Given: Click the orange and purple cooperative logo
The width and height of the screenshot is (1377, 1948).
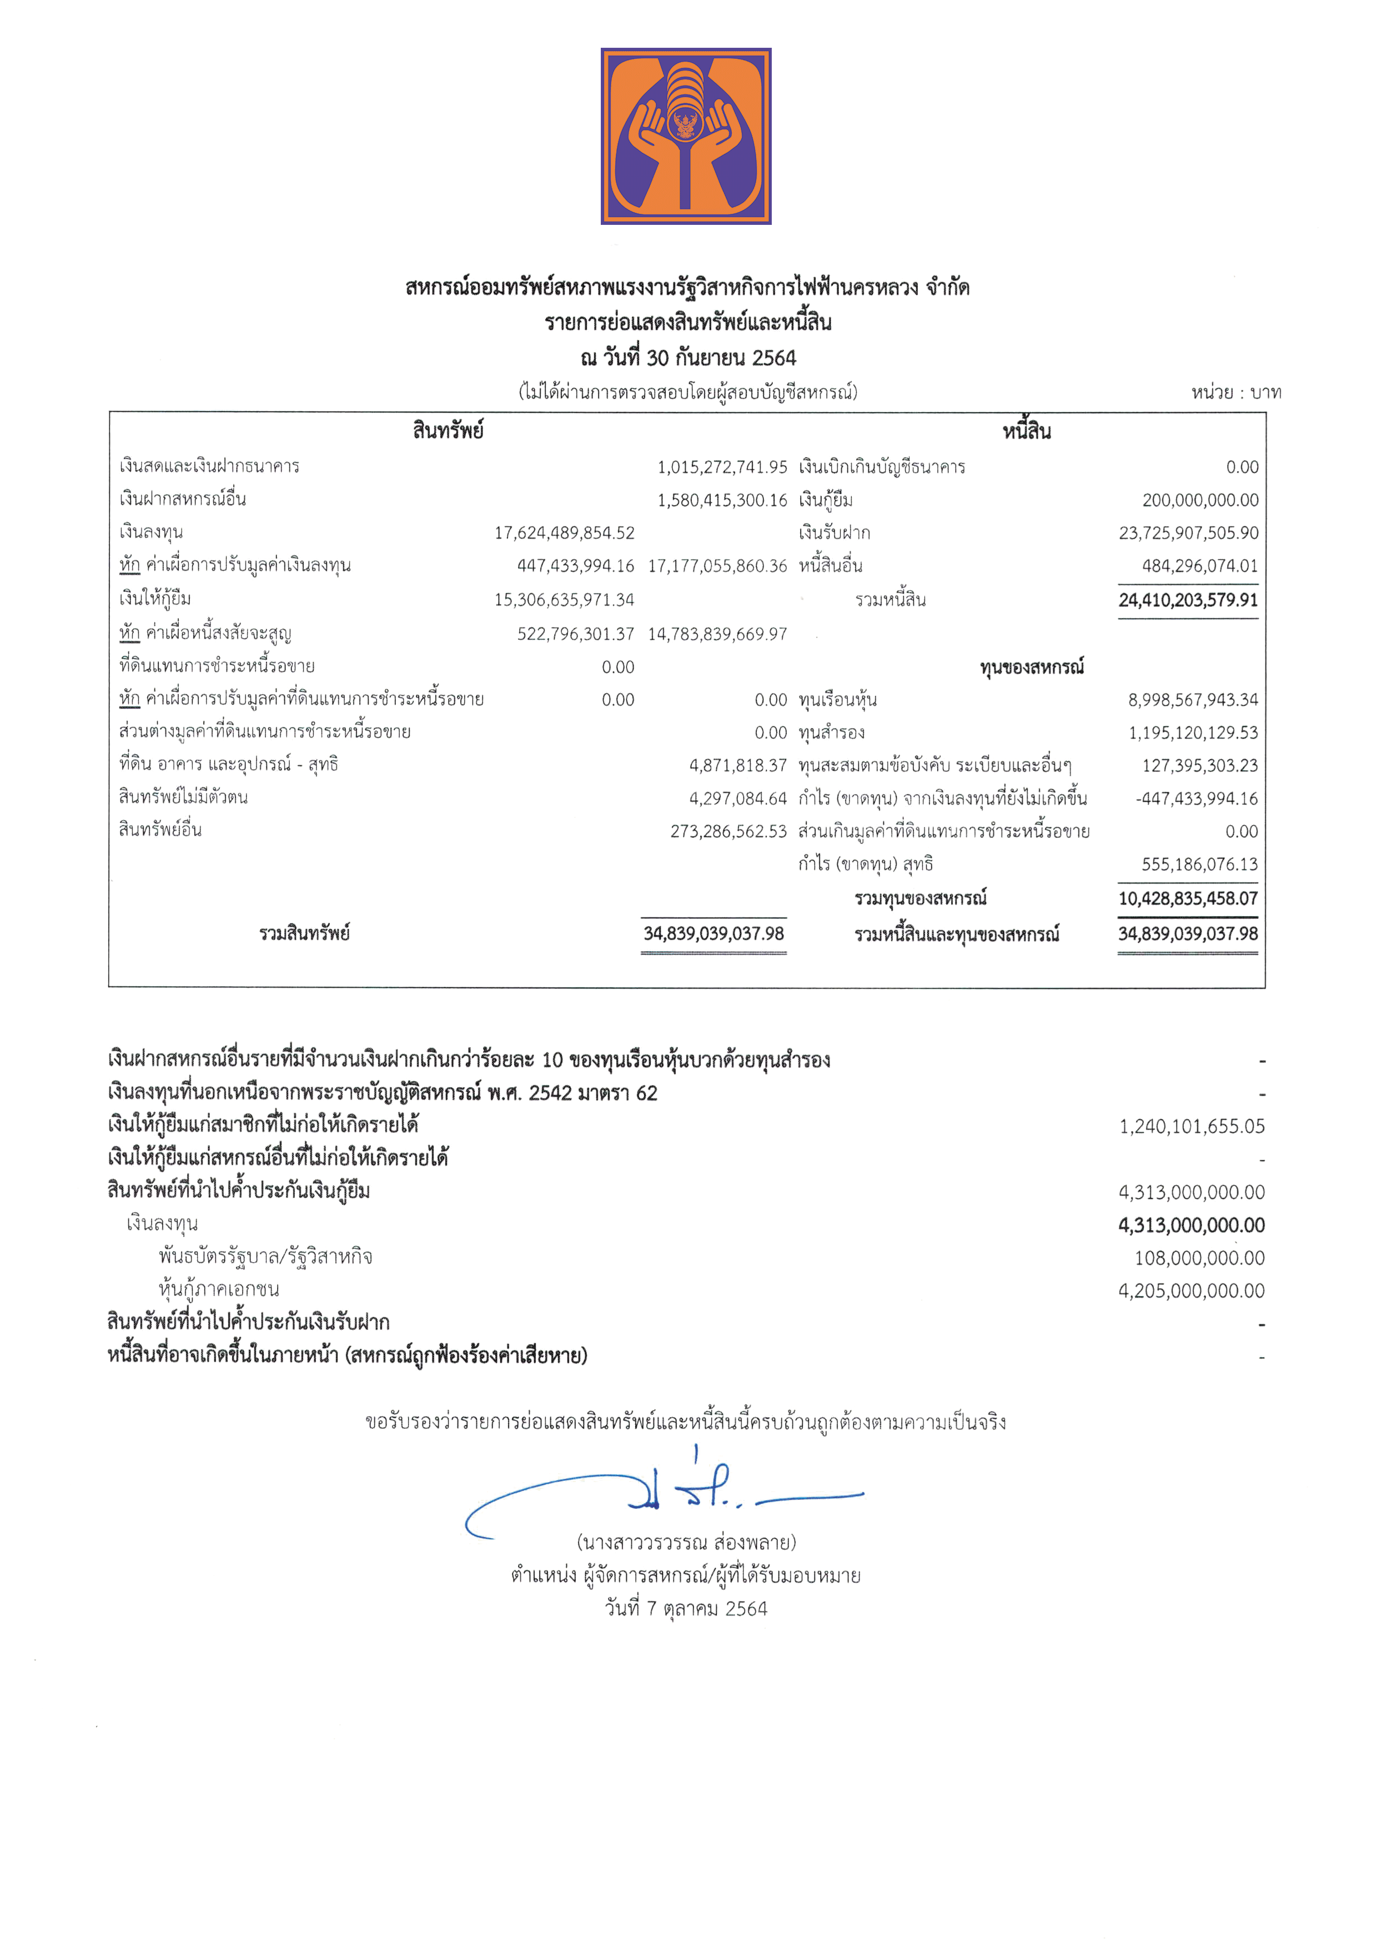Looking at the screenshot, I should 686,135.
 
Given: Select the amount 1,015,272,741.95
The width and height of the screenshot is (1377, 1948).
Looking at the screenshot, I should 722,466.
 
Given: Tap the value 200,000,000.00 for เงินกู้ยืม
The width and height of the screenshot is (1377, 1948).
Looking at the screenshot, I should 1200,500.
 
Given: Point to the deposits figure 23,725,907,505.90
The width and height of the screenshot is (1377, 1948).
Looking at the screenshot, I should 1188,533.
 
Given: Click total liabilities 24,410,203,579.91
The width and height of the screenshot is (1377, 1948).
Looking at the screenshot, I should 1188,600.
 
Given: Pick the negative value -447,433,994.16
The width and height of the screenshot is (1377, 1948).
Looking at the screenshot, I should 1197,799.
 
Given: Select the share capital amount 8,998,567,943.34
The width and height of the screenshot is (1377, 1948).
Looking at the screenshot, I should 1192,700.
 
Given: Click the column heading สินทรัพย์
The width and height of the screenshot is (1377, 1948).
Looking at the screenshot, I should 448,431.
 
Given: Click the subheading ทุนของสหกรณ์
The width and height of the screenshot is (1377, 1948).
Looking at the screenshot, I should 1032,667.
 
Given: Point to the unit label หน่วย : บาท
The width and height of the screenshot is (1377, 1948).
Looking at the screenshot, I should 1235,392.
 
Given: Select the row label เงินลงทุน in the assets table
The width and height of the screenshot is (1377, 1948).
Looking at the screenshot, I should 151,532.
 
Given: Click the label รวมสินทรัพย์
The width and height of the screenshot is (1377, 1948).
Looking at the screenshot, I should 305,933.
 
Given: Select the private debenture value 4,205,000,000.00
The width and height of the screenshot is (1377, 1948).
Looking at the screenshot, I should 1190,1291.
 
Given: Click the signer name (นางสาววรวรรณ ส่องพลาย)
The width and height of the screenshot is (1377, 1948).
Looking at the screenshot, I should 686,1542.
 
